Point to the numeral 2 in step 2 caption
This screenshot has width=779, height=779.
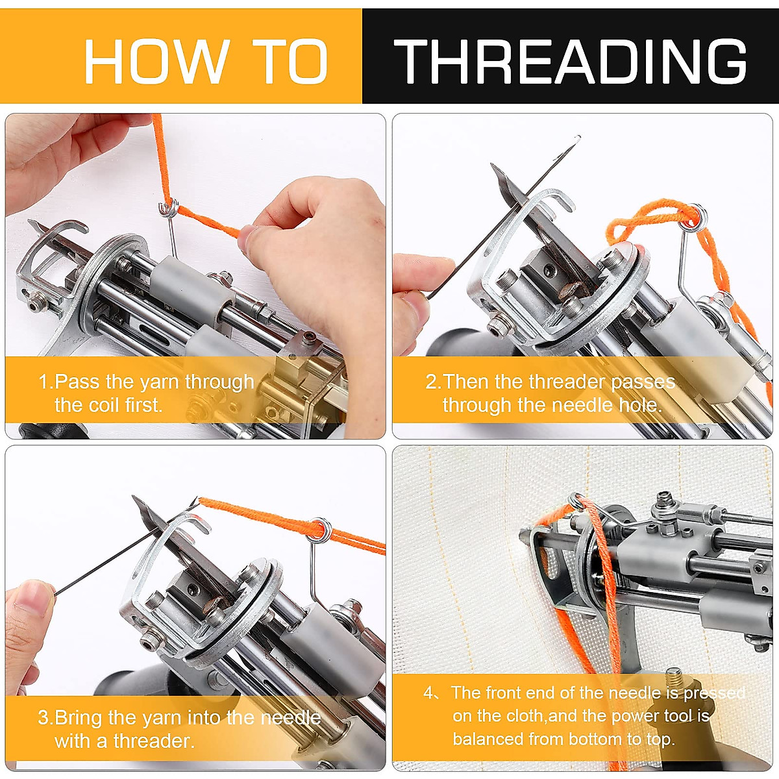coord(431,382)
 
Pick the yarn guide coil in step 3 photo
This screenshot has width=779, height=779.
coord(319,530)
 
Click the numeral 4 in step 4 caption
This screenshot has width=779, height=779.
coord(428,693)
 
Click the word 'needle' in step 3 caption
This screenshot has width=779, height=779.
coord(291,718)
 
